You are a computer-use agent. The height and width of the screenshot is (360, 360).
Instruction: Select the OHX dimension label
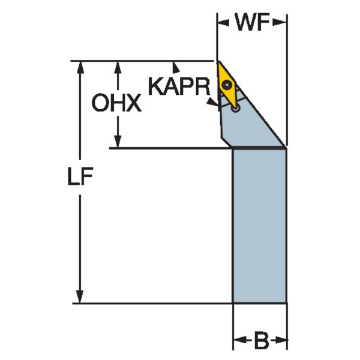[x=116, y=104]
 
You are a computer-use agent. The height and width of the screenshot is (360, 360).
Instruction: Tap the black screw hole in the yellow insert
[x=227, y=85]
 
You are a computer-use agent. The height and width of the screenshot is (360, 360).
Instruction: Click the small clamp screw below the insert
[x=235, y=109]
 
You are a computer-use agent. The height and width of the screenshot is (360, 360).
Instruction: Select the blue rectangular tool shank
[x=259, y=225]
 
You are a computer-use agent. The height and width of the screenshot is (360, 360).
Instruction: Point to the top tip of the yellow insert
[x=218, y=62]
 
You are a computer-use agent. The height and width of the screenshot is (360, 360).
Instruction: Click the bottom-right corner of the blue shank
[x=286, y=302]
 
